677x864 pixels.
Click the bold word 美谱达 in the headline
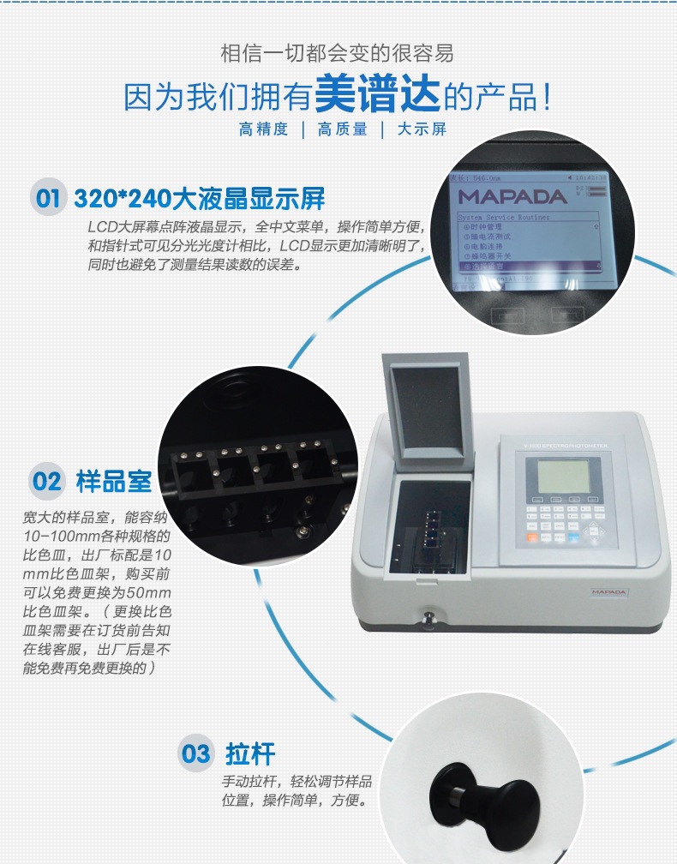click(378, 95)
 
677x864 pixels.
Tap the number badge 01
click(47, 199)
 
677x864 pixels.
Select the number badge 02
click(47, 480)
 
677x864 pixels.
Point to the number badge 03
click(195, 753)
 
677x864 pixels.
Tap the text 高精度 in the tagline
click(264, 130)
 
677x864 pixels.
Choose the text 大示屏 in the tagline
click(422, 130)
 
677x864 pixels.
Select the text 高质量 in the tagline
click(343, 130)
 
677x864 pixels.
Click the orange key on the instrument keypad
click(531, 538)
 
